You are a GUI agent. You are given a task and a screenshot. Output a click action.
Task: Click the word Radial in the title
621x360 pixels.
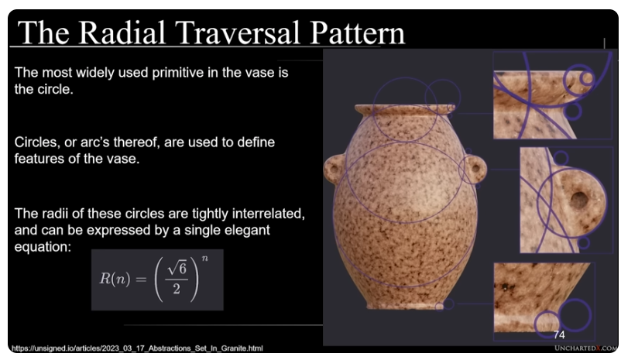tap(122, 33)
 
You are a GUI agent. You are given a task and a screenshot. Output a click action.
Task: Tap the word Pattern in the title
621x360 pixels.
tap(357, 33)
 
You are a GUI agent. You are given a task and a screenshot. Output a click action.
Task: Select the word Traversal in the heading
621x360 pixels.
tap(237, 33)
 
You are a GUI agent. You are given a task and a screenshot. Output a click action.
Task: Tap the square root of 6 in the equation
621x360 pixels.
tap(177, 269)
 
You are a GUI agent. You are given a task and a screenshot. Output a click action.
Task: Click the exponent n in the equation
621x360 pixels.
tap(204, 259)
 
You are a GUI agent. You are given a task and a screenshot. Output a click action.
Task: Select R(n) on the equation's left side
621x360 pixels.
tap(115, 279)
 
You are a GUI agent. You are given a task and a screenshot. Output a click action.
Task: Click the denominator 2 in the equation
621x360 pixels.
tap(177, 289)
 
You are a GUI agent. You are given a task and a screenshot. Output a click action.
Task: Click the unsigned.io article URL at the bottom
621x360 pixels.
tap(137, 348)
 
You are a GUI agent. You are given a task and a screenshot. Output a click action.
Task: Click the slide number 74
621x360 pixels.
tap(559, 335)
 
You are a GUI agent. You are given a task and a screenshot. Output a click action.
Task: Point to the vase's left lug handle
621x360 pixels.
tap(333, 169)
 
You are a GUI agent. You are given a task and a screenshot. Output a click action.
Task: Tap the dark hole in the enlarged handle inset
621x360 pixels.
tap(579, 200)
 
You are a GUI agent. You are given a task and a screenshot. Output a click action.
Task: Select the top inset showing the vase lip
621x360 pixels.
tap(553, 95)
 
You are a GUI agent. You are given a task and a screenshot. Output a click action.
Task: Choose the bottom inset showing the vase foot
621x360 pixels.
tap(544, 301)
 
